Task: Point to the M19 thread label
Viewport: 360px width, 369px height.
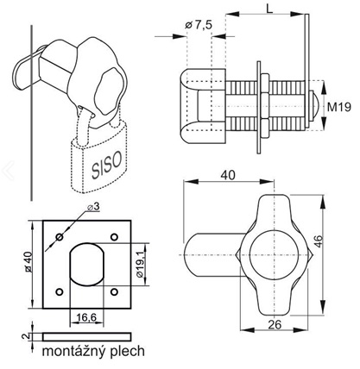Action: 336,106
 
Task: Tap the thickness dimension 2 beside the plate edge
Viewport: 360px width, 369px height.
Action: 25,336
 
